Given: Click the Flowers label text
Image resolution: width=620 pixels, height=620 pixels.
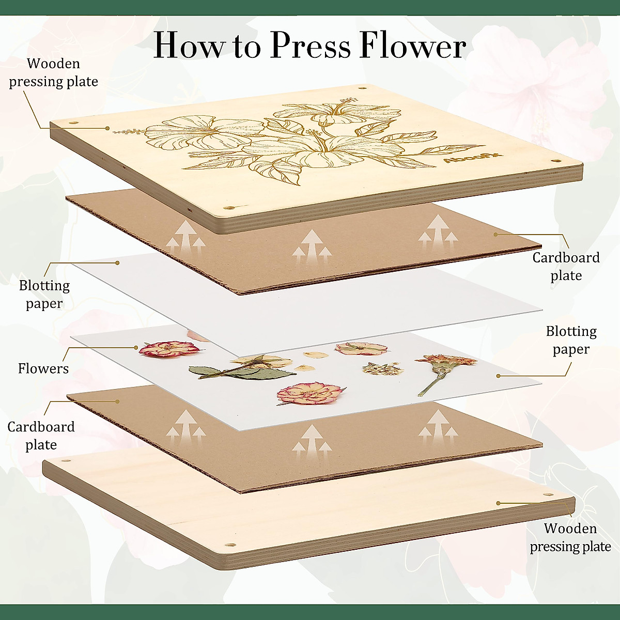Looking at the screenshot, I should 43,368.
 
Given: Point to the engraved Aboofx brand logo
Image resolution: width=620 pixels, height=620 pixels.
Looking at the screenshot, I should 465,160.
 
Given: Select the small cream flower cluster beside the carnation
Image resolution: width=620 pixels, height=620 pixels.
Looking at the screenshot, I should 383,369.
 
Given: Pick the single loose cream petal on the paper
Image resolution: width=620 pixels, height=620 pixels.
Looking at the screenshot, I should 316,355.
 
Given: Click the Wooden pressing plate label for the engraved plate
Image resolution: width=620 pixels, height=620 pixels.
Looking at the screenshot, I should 53,72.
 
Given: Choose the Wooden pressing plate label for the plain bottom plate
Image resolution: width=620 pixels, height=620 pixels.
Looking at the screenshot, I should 570,537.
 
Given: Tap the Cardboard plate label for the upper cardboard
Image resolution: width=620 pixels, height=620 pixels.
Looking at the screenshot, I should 566,266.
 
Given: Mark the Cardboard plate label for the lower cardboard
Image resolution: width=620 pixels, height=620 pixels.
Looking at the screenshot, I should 41,436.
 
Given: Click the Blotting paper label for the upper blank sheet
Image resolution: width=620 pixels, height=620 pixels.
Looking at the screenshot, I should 44,295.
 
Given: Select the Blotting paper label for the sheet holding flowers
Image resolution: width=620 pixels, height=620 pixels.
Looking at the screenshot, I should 571,340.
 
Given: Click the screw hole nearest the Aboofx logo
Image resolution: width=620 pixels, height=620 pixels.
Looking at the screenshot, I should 557,161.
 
